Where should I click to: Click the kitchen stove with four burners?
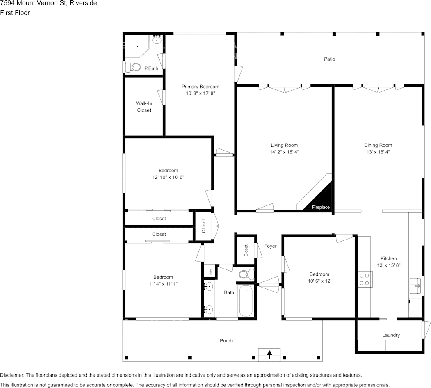click(x=364, y=279)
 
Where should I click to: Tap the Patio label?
click(x=329, y=59)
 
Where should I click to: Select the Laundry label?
click(x=391, y=335)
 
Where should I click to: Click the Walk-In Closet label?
click(x=144, y=107)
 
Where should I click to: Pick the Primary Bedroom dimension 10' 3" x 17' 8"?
click(x=200, y=94)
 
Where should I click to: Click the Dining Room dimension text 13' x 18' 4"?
click(x=378, y=152)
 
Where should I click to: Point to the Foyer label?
click(x=270, y=246)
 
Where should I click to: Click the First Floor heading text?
click(x=15, y=13)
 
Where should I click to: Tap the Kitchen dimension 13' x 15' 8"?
click(x=388, y=265)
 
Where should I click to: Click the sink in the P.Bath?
click(x=157, y=40)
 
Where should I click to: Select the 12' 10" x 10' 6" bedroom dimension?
click(x=168, y=177)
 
